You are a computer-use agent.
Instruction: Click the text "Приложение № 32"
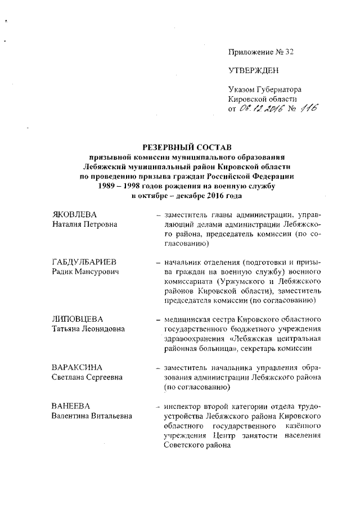tap(261, 52)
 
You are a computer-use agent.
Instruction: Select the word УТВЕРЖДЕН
tap(253, 70)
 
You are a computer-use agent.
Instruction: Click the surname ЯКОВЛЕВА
tap(71, 214)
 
